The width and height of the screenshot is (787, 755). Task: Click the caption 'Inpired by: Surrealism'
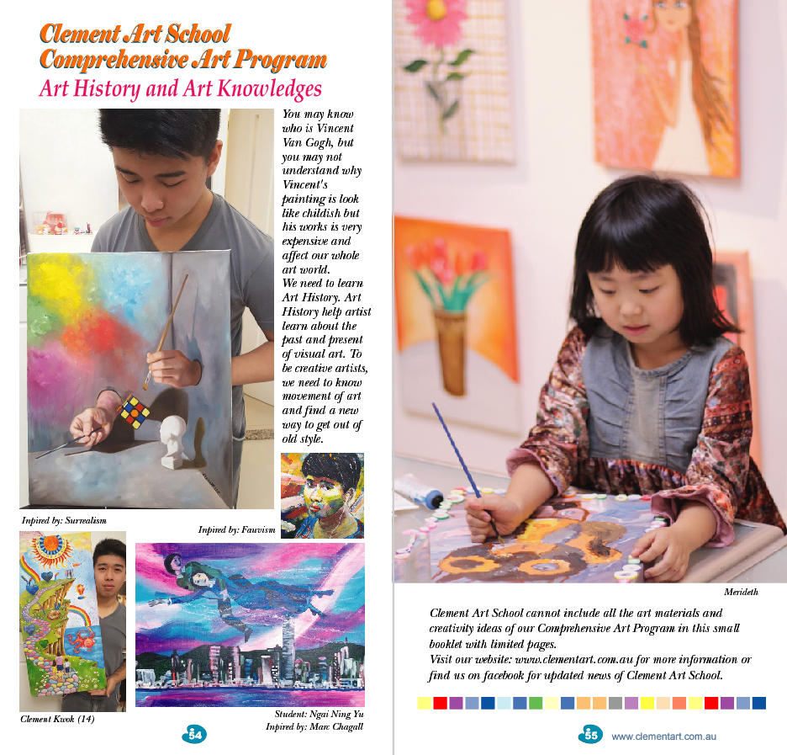(x=64, y=521)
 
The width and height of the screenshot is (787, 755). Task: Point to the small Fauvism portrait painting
(x=322, y=495)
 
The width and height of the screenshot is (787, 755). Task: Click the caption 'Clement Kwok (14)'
(x=56, y=720)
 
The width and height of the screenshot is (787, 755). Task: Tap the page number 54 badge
(x=194, y=735)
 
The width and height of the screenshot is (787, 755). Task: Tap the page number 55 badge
(x=590, y=735)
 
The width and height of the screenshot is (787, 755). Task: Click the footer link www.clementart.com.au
(x=663, y=736)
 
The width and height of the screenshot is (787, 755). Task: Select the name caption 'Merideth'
(x=741, y=592)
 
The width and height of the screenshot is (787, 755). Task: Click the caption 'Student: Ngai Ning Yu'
(x=319, y=715)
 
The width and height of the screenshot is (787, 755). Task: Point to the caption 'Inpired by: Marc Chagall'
(x=314, y=726)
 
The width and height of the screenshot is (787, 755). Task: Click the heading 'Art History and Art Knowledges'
(x=180, y=88)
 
